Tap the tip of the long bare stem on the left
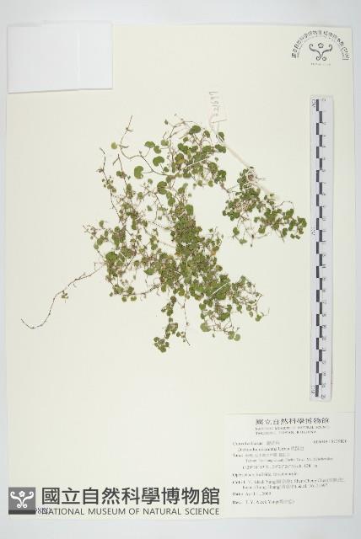coord(23,324)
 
